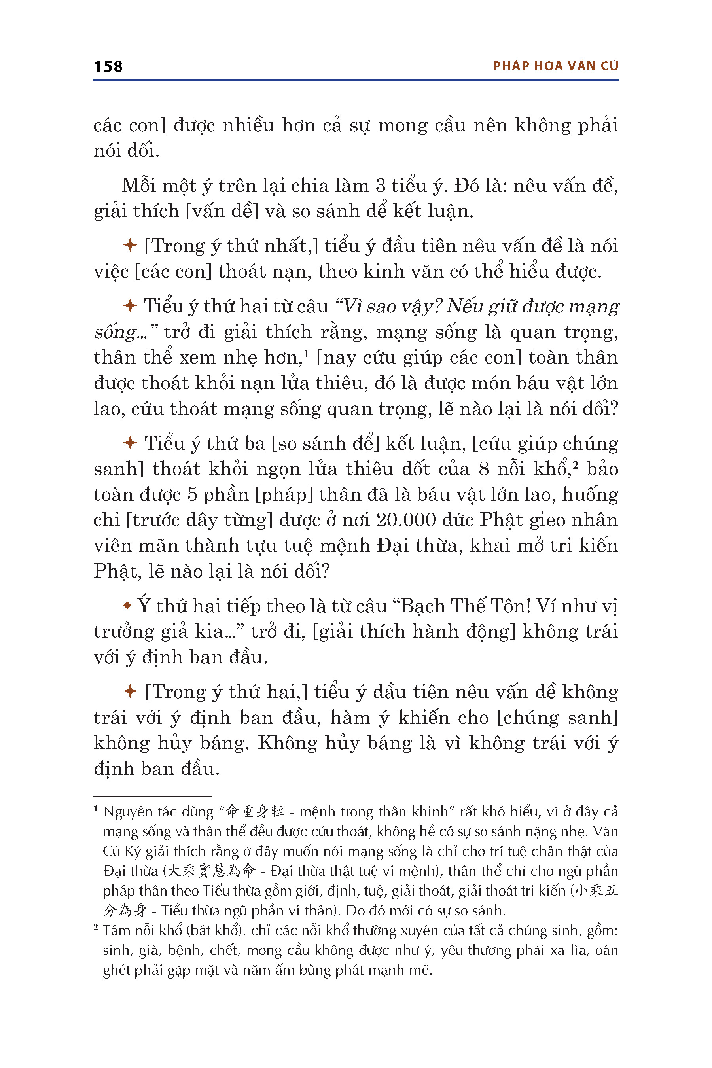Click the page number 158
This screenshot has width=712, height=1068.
point(108,66)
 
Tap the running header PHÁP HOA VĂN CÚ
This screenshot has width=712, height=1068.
point(555,66)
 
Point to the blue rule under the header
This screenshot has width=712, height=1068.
point(356,80)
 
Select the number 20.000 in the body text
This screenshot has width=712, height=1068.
point(405,520)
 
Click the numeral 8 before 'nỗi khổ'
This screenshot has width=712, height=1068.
point(484,469)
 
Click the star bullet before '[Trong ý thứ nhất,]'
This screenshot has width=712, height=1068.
point(130,246)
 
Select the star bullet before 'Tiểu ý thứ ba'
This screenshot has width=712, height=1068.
point(130,443)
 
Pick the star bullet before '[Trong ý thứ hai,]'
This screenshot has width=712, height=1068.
point(130,691)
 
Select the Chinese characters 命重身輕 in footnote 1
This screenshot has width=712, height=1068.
point(255,811)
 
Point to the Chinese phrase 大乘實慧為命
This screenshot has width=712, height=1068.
point(211,871)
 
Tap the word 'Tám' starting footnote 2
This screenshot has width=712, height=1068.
point(116,930)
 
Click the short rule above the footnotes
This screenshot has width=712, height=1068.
point(153,796)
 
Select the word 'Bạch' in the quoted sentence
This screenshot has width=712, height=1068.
point(420,606)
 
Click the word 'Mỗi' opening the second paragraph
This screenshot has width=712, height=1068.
point(138,186)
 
